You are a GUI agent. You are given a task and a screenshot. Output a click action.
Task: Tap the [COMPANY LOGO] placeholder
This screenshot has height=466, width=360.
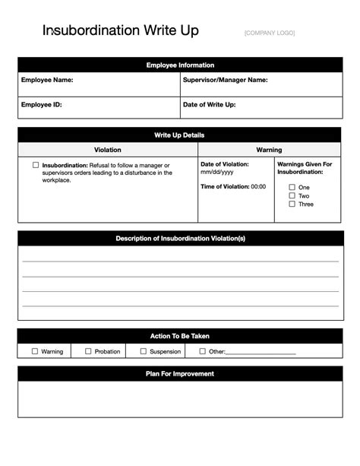pyautogui.click(x=270, y=33)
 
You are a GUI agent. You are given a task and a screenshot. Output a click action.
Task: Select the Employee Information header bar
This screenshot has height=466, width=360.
pyautogui.click(x=180, y=65)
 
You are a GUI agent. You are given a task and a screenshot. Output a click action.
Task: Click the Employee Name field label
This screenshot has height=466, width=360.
pyautogui.click(x=47, y=80)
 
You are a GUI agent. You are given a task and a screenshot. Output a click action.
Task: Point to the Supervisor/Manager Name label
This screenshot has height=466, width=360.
pyautogui.click(x=225, y=80)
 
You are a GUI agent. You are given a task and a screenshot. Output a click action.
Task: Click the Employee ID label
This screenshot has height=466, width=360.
pyautogui.click(x=41, y=105)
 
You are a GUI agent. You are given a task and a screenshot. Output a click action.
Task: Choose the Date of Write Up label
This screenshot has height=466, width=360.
pyautogui.click(x=209, y=105)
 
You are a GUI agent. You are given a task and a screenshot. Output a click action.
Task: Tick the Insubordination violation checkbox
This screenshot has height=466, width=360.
pyautogui.click(x=36, y=165)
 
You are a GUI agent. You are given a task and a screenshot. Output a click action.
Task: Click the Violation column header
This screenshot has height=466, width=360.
pyautogui.click(x=107, y=151)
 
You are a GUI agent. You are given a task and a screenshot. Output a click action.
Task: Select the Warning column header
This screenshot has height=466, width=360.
pyautogui.click(x=269, y=151)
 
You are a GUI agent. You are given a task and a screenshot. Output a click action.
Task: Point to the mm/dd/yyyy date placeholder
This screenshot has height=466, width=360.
pyautogui.click(x=217, y=173)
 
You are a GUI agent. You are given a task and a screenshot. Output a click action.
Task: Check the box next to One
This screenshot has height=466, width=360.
pyautogui.click(x=292, y=187)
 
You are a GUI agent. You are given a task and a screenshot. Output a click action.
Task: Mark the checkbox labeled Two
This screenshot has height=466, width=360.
pyautogui.click(x=292, y=195)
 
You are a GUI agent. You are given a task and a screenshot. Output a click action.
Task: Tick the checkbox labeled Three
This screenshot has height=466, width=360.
pyautogui.click(x=292, y=204)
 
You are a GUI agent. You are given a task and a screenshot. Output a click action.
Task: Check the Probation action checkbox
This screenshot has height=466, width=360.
pyautogui.click(x=88, y=351)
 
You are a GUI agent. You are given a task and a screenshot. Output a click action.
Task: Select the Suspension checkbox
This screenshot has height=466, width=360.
pyautogui.click(x=143, y=351)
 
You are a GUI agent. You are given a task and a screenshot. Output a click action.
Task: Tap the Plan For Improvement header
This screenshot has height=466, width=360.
pyautogui.click(x=180, y=374)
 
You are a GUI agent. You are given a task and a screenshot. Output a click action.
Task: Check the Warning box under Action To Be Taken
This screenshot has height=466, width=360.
pyautogui.click(x=35, y=351)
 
